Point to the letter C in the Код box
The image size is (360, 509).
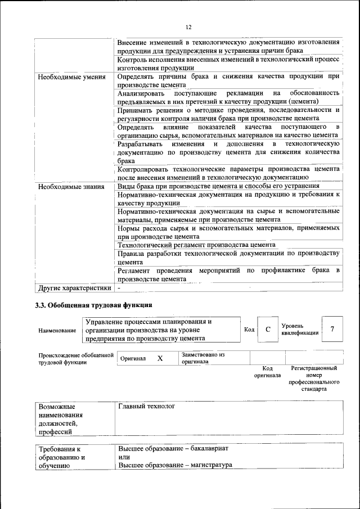point(268,330)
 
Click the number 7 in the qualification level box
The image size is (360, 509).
point(332,329)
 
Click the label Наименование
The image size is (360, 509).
point(57,331)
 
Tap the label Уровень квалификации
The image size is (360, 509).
point(300,329)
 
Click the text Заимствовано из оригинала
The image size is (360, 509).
point(202,358)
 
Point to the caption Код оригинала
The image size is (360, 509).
point(267,372)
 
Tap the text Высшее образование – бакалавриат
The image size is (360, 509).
point(173,449)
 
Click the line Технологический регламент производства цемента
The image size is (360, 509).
point(196,245)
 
